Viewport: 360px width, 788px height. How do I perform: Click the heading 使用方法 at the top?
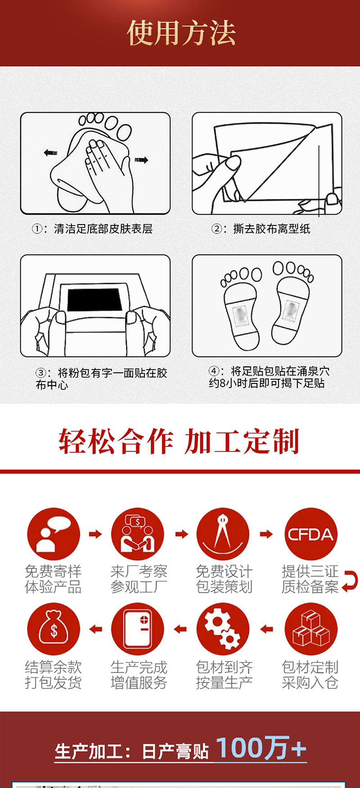tap(181, 33)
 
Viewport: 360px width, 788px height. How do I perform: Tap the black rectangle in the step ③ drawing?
tap(94, 300)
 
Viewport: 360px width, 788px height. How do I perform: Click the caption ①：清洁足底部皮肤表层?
tap(92, 229)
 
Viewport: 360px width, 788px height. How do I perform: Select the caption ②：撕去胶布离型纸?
tap(261, 229)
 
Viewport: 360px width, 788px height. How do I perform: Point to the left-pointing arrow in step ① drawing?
tap(50, 153)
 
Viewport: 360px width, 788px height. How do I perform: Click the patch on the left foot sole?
tap(240, 313)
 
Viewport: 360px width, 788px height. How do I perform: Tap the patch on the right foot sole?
tap(291, 310)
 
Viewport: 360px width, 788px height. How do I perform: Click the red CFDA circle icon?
tap(310, 534)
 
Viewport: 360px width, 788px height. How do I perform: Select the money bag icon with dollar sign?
tap(53, 629)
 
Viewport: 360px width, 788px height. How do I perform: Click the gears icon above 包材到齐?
tap(223, 629)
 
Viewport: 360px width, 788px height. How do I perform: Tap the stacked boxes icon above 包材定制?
tap(310, 629)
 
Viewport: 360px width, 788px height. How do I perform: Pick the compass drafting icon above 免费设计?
tap(223, 534)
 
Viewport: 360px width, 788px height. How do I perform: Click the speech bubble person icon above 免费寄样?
tap(53, 534)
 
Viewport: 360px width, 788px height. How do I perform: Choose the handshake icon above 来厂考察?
tap(138, 534)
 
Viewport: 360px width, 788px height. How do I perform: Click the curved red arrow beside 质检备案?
tap(350, 581)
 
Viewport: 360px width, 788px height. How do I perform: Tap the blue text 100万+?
tap(261, 748)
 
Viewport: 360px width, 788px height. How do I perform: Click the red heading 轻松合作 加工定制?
tap(179, 441)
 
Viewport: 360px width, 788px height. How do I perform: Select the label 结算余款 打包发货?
tap(53, 675)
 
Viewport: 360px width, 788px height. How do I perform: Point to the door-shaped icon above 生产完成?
tap(138, 629)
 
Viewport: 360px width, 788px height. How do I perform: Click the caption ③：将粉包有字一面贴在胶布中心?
tap(101, 378)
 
